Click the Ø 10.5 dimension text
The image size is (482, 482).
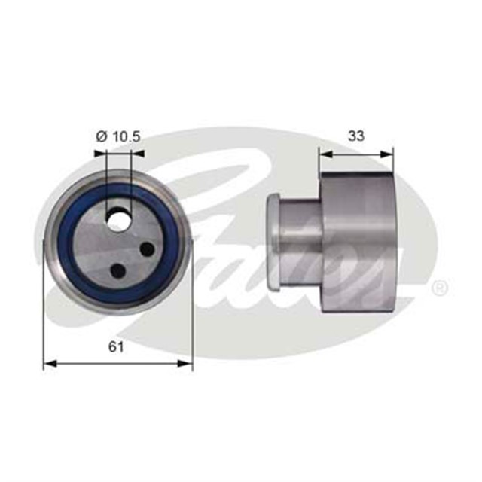(119, 136)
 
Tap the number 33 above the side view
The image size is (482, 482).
(357, 136)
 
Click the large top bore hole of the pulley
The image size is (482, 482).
(119, 220)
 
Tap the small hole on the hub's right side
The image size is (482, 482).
(147, 249)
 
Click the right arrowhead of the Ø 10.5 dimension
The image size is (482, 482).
(139, 154)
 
